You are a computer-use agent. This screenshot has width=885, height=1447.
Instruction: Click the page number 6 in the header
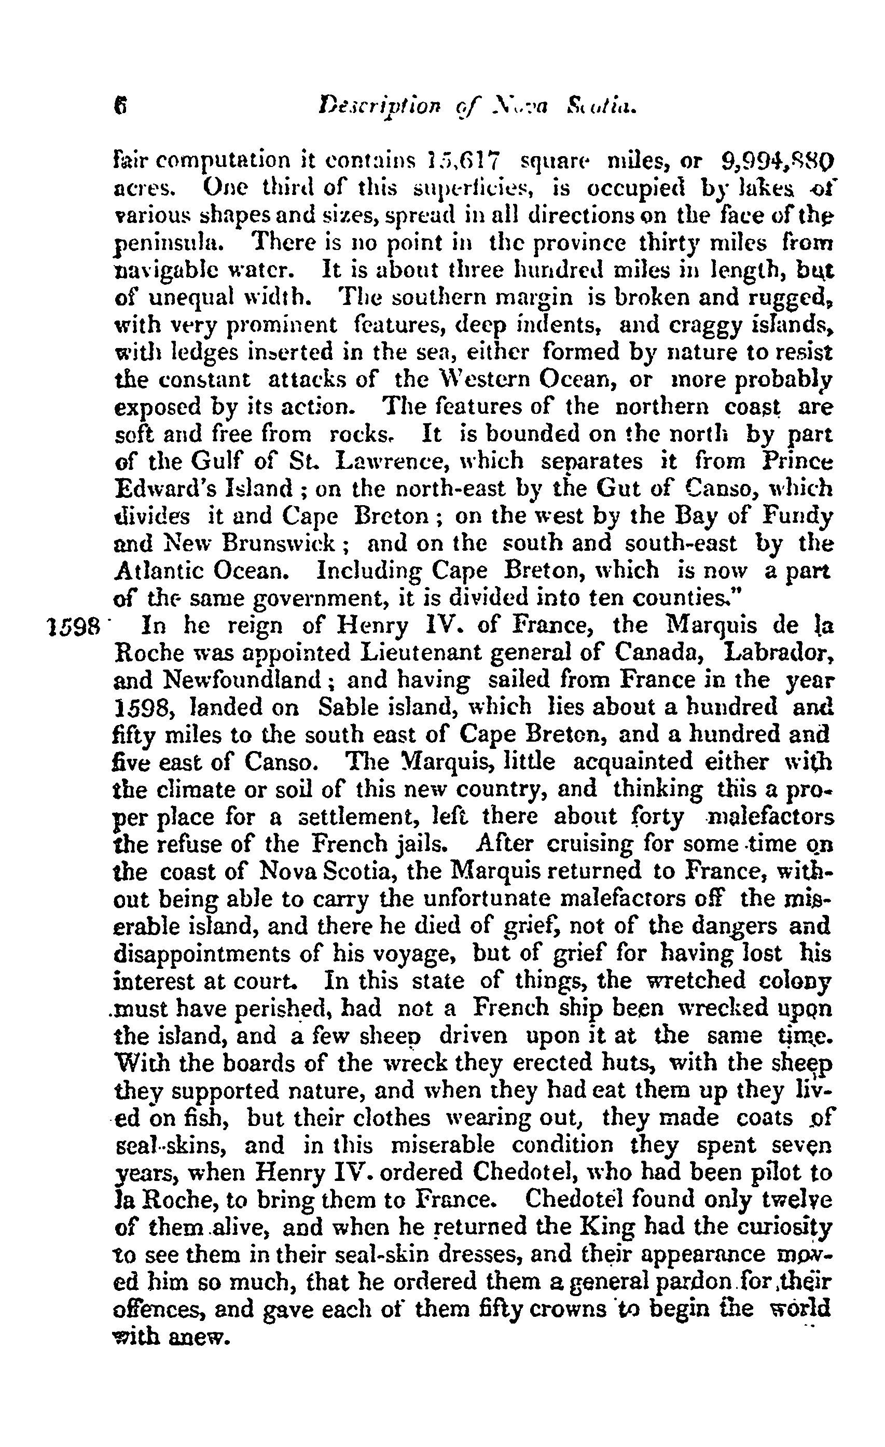pyautogui.click(x=121, y=107)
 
